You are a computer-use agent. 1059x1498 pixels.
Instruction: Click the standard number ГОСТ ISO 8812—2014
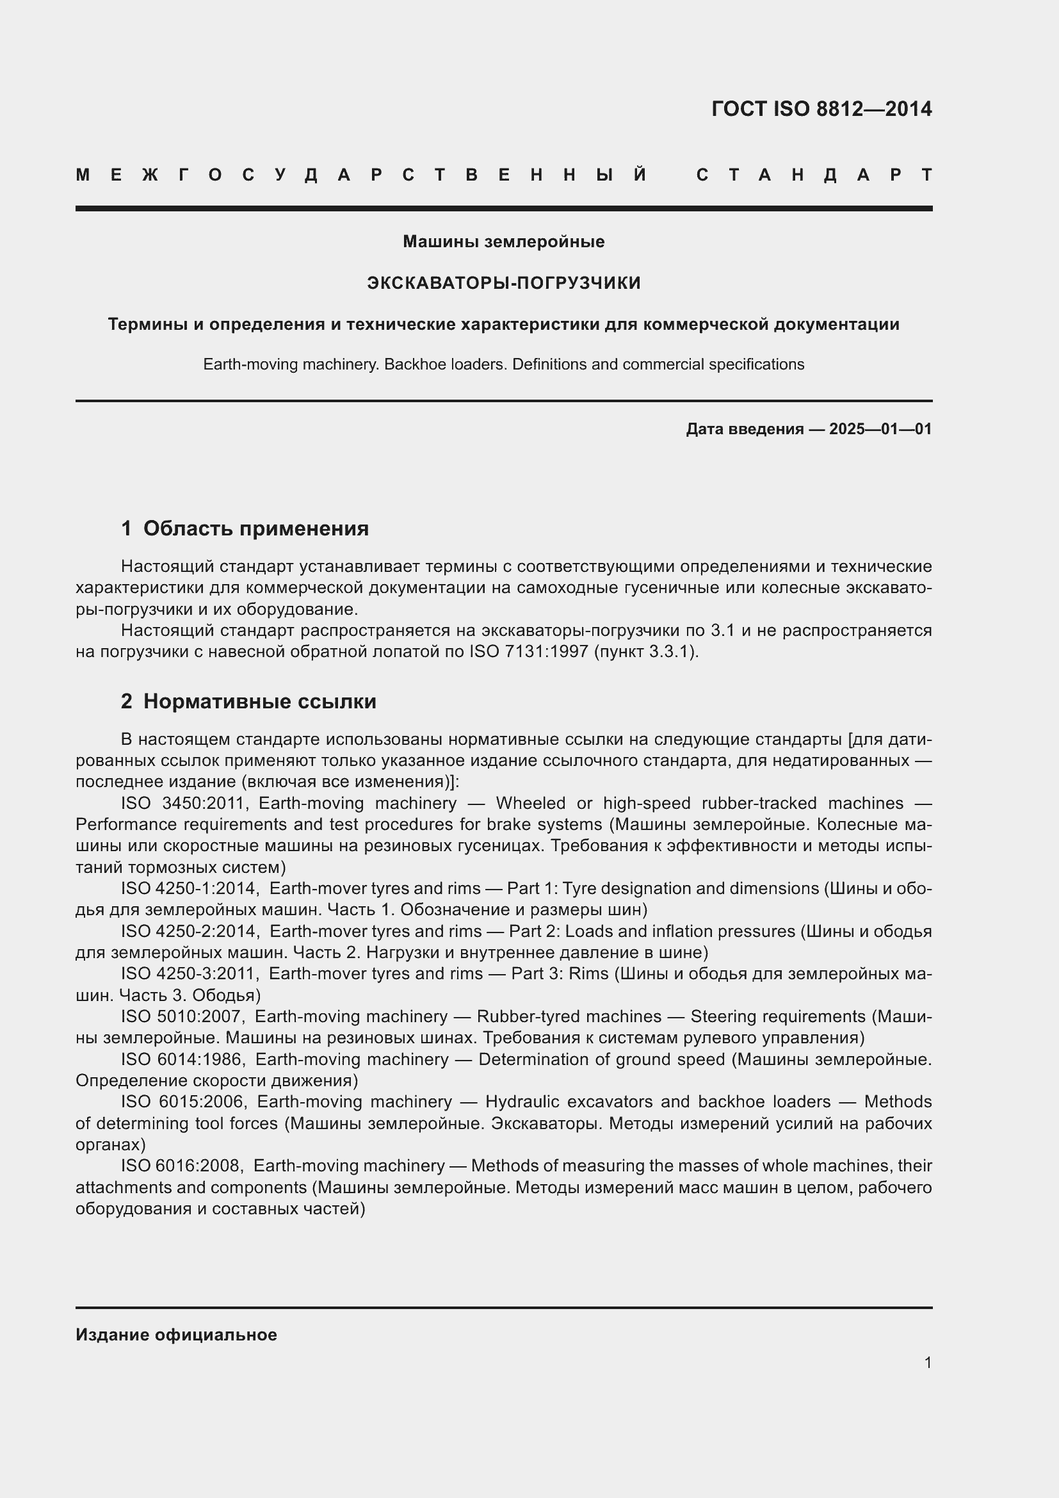(821, 109)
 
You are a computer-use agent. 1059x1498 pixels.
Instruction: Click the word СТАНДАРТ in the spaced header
(814, 175)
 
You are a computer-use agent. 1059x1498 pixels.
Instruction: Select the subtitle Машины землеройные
(503, 241)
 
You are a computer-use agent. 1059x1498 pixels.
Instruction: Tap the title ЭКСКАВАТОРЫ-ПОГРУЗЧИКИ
(503, 282)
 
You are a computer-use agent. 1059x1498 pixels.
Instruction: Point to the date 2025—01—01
(880, 428)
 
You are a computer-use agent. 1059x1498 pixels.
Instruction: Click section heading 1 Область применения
(245, 528)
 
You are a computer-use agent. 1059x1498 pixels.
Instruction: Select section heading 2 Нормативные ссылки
(248, 701)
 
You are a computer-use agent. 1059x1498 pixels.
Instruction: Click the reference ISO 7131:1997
(529, 652)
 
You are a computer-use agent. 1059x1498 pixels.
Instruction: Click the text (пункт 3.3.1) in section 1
(645, 652)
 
